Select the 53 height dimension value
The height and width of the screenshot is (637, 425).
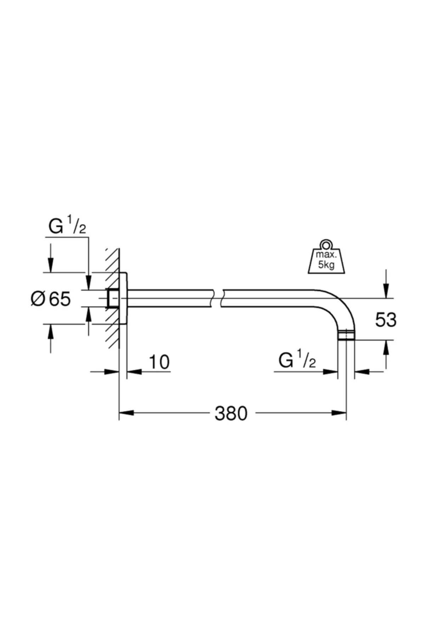[386, 320]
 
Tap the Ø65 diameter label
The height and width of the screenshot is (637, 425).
[51, 299]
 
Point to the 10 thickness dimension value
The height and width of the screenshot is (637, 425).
[159, 362]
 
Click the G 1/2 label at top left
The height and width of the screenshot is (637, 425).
[67, 227]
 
